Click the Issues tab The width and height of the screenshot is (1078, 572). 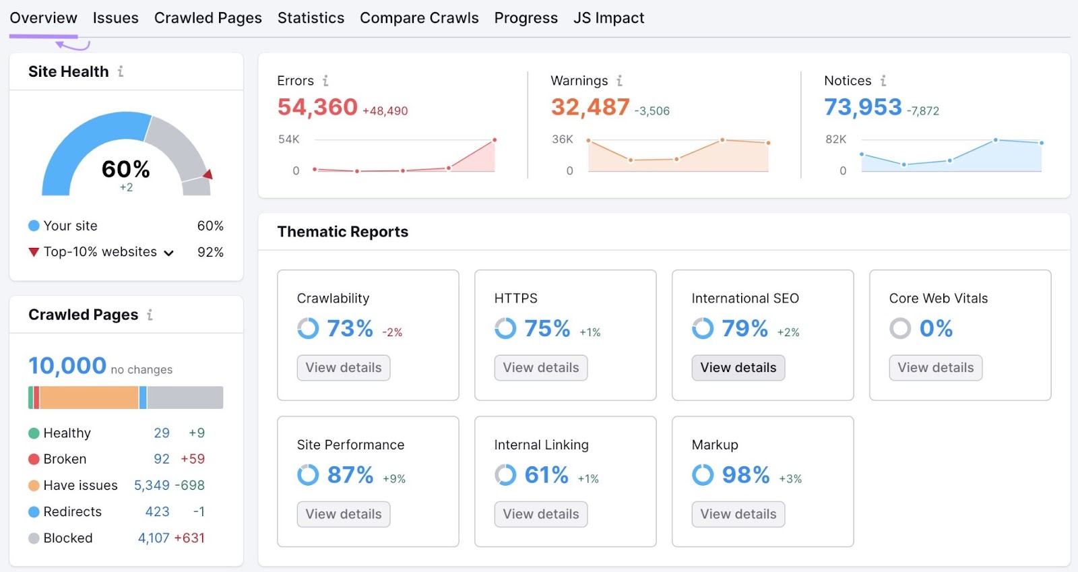pyautogui.click(x=115, y=18)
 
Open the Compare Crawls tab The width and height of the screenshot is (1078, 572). pyautogui.click(x=419, y=18)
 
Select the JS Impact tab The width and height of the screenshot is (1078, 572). pyautogui.click(x=608, y=18)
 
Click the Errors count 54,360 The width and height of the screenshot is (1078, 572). pyautogui.click(x=317, y=107)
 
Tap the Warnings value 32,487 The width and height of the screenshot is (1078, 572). pyautogui.click(x=590, y=107)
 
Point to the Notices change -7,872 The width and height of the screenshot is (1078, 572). pyautogui.click(x=922, y=111)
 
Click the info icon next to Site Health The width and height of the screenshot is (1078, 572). pyautogui.click(x=121, y=71)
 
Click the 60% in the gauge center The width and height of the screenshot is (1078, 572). pyautogui.click(x=126, y=168)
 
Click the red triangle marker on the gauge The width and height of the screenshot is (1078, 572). pyautogui.click(x=208, y=174)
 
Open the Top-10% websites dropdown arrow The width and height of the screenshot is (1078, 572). pyautogui.click(x=169, y=253)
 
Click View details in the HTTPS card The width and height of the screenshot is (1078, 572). pyautogui.click(x=540, y=368)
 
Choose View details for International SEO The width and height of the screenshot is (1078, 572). pyautogui.click(x=738, y=368)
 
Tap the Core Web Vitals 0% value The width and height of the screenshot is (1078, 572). pyautogui.click(x=936, y=329)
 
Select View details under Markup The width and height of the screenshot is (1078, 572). pyautogui.click(x=738, y=514)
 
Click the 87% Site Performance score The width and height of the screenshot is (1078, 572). pyautogui.click(x=350, y=475)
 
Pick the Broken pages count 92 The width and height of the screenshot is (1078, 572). pyautogui.click(x=162, y=459)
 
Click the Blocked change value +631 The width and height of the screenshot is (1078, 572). pyautogui.click(x=189, y=538)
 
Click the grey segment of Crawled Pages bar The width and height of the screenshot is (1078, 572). pyautogui.click(x=185, y=398)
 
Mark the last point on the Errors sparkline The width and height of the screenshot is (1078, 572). pyautogui.click(x=495, y=140)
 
